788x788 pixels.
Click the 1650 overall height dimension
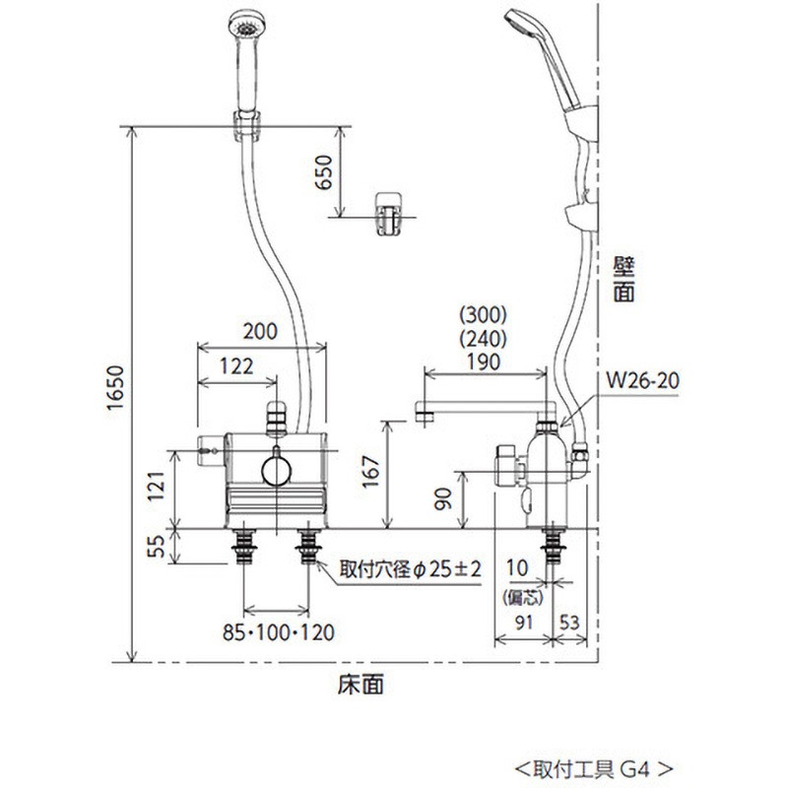point(115,393)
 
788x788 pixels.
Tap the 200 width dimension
point(260,332)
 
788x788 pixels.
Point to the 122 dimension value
point(233,364)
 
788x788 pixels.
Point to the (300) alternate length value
point(483,317)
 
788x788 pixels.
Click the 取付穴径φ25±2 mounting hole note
point(412,568)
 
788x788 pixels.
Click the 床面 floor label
point(365,682)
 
